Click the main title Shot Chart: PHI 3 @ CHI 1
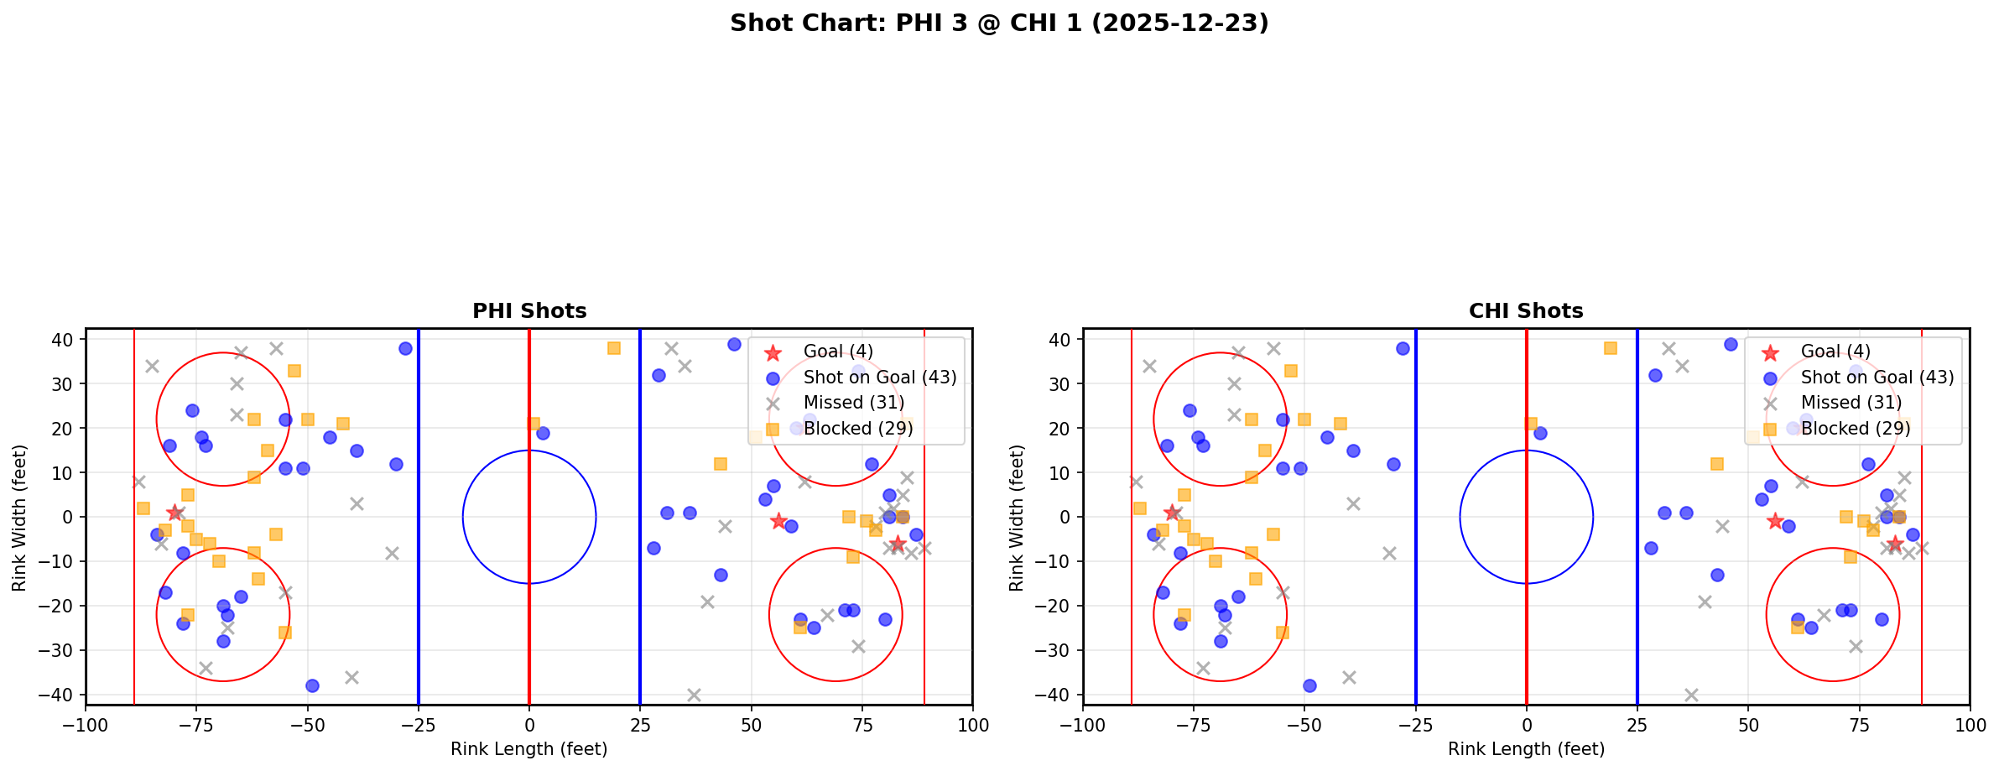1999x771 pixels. click(x=998, y=23)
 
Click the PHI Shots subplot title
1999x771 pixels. click(x=529, y=311)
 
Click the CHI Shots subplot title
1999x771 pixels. click(x=1526, y=311)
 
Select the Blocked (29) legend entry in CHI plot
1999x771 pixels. click(x=1856, y=429)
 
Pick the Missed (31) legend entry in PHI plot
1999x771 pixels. click(x=853, y=403)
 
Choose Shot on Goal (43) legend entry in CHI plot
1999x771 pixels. click(x=1877, y=378)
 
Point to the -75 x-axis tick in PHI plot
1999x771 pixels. click(x=196, y=724)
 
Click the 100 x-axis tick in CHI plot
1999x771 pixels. click(x=1969, y=724)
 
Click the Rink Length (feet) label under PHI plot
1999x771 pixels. click(x=529, y=749)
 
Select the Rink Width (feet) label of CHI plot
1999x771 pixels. click(x=1017, y=517)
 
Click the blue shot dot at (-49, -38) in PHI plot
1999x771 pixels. click(x=312, y=685)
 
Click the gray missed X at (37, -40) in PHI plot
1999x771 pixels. click(x=694, y=695)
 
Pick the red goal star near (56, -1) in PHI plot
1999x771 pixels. click(x=778, y=521)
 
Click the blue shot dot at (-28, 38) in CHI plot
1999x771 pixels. click(x=1403, y=348)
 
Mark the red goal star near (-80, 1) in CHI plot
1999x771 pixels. click(x=1172, y=513)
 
